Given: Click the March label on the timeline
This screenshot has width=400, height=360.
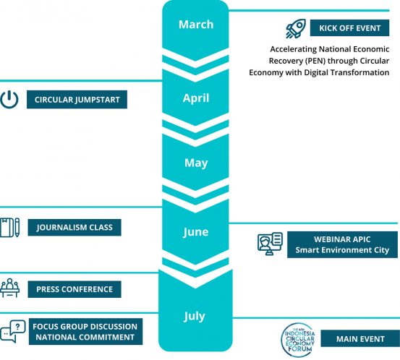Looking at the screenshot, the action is (196, 25).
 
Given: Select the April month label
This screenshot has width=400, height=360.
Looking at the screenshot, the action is (196, 98).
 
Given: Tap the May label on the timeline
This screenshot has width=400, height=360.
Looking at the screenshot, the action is (196, 163).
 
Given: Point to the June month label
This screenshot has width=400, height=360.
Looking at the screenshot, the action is (196, 232).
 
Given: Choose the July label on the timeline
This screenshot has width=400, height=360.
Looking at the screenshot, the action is (195, 317).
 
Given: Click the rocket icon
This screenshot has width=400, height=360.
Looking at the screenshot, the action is (296, 29).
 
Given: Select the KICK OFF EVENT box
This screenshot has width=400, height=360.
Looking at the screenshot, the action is (350, 28).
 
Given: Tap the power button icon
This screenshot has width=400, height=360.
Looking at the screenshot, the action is (9, 99).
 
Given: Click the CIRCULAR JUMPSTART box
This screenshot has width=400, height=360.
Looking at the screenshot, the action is (77, 100).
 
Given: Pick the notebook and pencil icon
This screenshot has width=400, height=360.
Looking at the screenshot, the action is (9, 228).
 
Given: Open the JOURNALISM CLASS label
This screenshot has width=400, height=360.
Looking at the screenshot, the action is (75, 228).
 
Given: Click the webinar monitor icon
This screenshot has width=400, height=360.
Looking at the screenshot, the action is (270, 244).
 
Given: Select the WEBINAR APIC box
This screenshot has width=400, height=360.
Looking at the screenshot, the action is (342, 245).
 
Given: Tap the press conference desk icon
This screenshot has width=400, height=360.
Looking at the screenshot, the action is (9, 288).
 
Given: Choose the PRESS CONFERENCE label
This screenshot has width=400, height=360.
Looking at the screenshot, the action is (75, 289).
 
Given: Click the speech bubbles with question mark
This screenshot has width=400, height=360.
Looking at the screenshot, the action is (13, 331).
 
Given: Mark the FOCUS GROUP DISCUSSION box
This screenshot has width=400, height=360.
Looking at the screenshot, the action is (85, 332).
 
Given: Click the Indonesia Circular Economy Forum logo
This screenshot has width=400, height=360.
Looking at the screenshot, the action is (299, 340).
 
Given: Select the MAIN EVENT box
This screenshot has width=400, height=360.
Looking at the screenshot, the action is (360, 338).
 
